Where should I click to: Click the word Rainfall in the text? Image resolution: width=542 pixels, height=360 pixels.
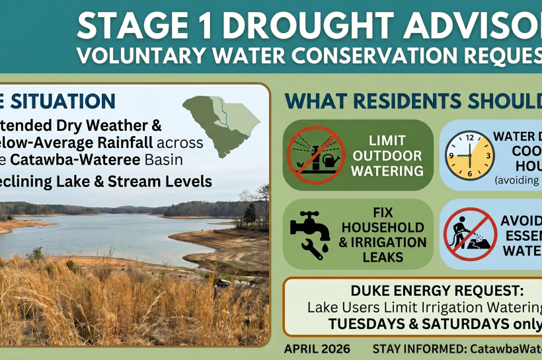tap(144, 142)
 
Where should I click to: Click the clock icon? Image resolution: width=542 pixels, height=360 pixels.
tap(469, 155)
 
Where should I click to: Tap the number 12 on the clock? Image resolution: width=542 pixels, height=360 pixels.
tap(469, 137)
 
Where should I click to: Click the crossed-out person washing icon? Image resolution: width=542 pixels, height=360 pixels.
tap(469, 233)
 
